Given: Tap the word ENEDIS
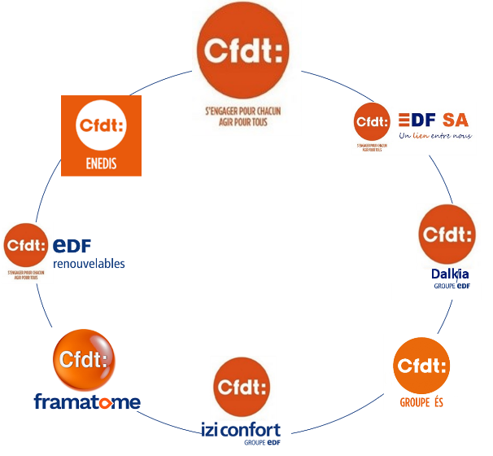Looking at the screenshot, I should click(101, 164).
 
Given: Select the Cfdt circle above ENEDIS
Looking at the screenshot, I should click(101, 126).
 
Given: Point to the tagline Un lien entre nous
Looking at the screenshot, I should click(435, 136).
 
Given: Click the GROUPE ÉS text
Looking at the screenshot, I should click(421, 402).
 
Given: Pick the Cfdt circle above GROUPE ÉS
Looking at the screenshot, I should click(421, 366).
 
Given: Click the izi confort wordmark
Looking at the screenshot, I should click(242, 429).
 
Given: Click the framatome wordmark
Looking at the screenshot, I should click(87, 401).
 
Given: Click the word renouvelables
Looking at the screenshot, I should click(89, 265).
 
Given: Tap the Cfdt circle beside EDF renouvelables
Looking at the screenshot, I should click(26, 244).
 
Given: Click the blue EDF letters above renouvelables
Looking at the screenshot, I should click(72, 245).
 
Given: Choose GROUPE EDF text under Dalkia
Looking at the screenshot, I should click(452, 286).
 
